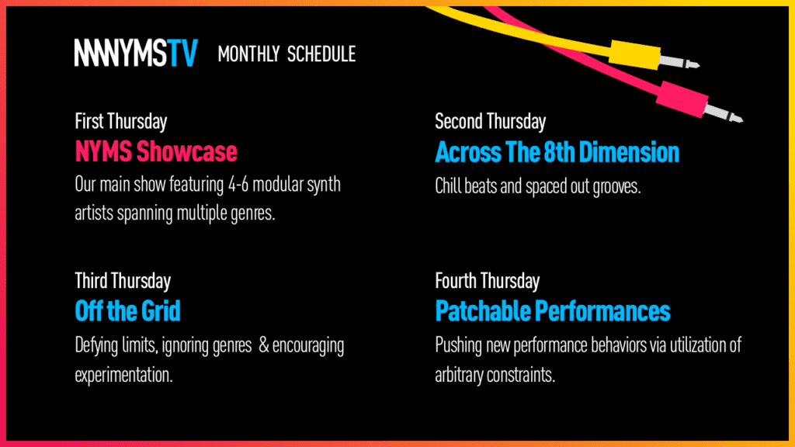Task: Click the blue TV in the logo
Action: pyautogui.click(x=182, y=53)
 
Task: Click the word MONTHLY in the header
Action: pyautogui.click(x=248, y=54)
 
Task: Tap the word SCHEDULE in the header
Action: pyautogui.click(x=321, y=54)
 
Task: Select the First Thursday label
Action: pyautogui.click(x=120, y=122)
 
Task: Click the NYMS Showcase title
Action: pyautogui.click(x=156, y=151)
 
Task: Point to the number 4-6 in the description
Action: pyautogui.click(x=238, y=185)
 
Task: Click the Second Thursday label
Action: pyautogui.click(x=491, y=122)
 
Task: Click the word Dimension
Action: pyautogui.click(x=629, y=152)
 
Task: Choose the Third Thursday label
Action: pyautogui.click(x=123, y=281)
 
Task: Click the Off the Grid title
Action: pyautogui.click(x=128, y=311)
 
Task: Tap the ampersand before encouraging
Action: pyautogui.click(x=264, y=345)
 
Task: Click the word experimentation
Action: pyautogui.click(x=123, y=376)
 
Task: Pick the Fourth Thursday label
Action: pyautogui.click(x=488, y=281)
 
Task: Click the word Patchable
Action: pyautogui.click(x=483, y=311)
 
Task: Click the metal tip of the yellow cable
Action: pyautogui.click(x=679, y=62)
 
